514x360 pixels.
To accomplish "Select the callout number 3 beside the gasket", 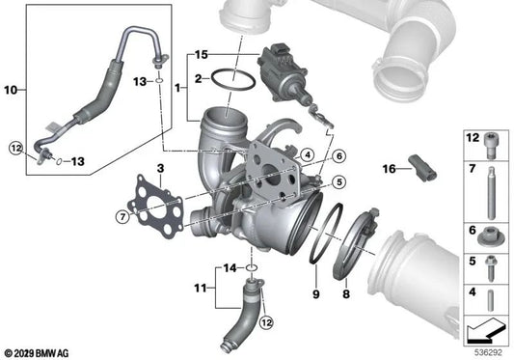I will [161, 170].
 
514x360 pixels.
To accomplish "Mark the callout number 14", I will [229, 266].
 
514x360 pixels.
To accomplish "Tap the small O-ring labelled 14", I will [250, 266].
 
